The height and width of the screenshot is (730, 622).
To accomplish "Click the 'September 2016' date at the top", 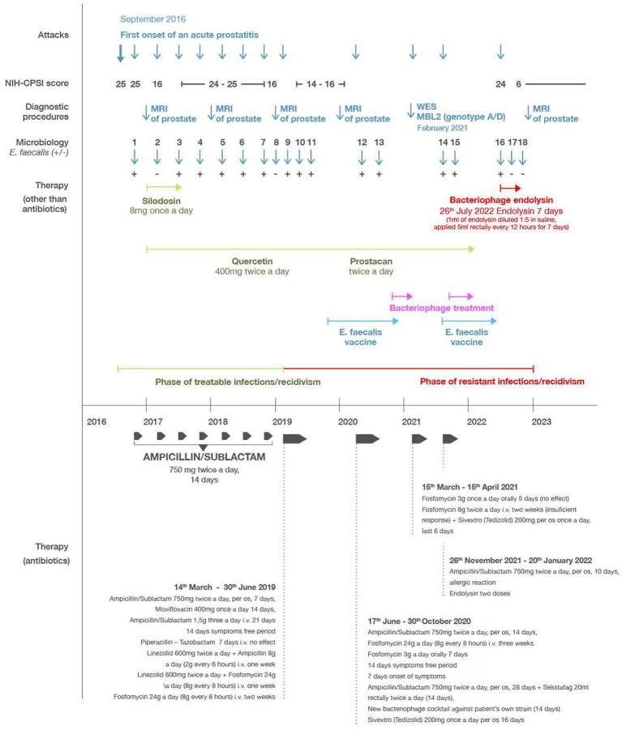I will coord(152,18).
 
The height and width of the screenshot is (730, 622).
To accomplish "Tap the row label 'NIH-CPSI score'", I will coord(40,83).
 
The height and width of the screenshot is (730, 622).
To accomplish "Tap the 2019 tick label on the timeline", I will coord(282,421).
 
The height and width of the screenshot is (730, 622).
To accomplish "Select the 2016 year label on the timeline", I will coord(96,421).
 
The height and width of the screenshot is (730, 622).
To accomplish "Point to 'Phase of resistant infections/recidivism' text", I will coord(502,382).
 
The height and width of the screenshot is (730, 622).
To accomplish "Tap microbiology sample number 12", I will coord(362,143).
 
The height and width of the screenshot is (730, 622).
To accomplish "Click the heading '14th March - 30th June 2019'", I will coord(227,586).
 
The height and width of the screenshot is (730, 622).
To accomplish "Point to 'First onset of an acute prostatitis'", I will coord(200,35).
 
